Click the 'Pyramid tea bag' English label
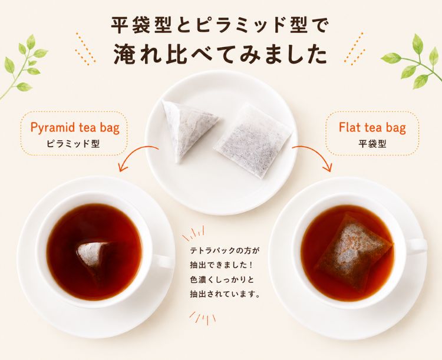tap(75, 128)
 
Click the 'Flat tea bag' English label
tap(372, 127)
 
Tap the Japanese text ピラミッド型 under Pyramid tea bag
tap(73, 144)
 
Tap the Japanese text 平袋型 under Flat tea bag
tap(372, 144)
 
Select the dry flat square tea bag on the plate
tap(253, 140)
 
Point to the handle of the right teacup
tap(418, 246)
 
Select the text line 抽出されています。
tap(225, 294)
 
